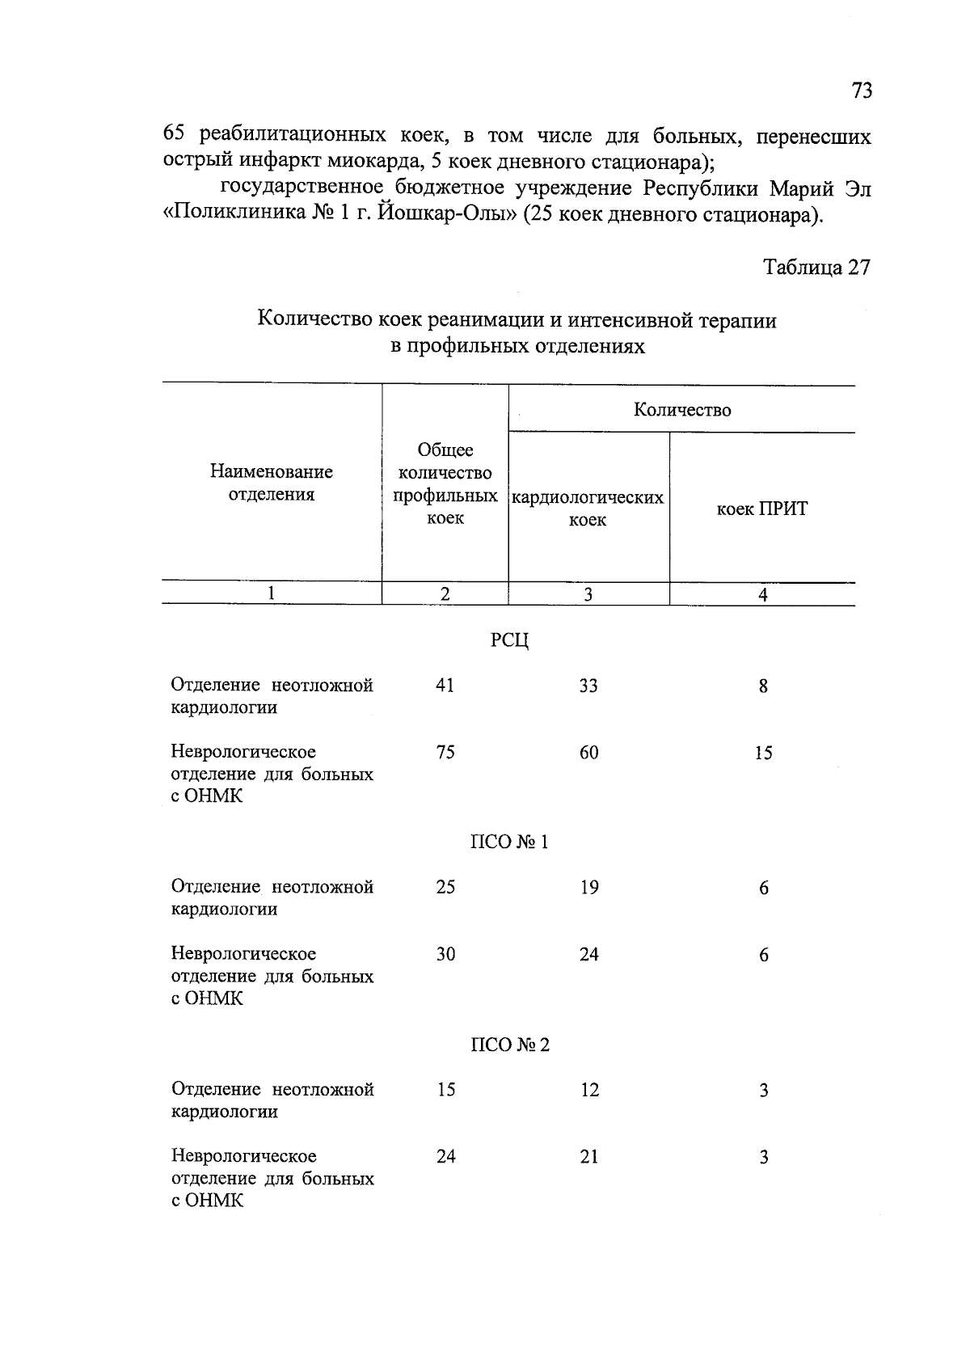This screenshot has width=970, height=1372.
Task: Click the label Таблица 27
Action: pyautogui.click(x=817, y=268)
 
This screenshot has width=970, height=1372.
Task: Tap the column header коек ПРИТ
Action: pyautogui.click(x=762, y=509)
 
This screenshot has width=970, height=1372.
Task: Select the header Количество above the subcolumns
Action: pyautogui.click(x=681, y=410)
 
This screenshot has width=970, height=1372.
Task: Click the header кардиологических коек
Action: pyautogui.click(x=588, y=509)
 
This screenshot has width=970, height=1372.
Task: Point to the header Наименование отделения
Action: pyautogui.click(x=272, y=483)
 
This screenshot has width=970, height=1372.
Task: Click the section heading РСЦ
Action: pyautogui.click(x=509, y=641)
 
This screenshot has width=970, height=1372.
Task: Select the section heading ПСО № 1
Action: pyautogui.click(x=509, y=842)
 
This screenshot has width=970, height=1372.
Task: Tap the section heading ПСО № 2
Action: pyautogui.click(x=509, y=1045)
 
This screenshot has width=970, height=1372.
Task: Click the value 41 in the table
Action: pyautogui.click(x=445, y=686)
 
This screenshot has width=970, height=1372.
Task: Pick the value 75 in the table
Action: pyautogui.click(x=445, y=753)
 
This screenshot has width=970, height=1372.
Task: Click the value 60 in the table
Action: pyautogui.click(x=588, y=753)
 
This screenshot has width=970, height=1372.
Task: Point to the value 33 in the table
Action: pyautogui.click(x=588, y=686)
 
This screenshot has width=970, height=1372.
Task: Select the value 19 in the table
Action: pyautogui.click(x=588, y=888)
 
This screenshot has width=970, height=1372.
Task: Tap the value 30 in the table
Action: pyautogui.click(x=445, y=955)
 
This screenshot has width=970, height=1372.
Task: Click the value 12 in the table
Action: pyautogui.click(x=589, y=1090)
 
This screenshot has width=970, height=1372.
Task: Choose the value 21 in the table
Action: pyautogui.click(x=589, y=1157)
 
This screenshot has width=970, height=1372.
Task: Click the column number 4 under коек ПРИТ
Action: pyautogui.click(x=762, y=595)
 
